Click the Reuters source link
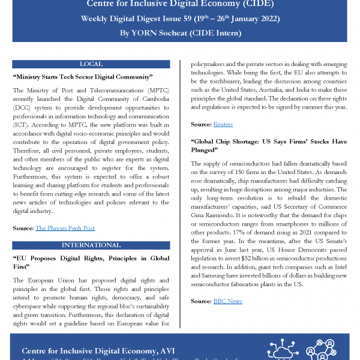point(223,124)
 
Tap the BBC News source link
point(227,301)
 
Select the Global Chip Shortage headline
point(268,146)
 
